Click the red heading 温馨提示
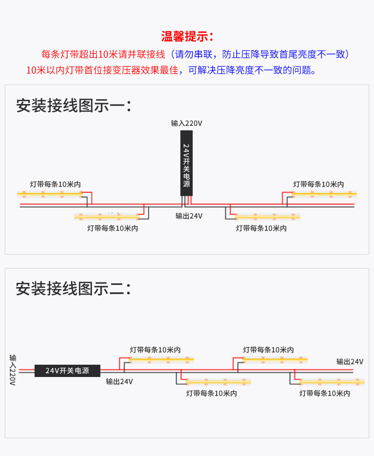point(187,36)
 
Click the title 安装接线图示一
point(73,105)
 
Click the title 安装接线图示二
point(73,289)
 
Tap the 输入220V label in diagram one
point(187,123)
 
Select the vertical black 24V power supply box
point(187,163)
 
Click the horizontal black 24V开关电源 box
point(67,370)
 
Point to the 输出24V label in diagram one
point(189,216)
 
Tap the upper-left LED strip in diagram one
point(50,193)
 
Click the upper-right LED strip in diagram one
point(324,193)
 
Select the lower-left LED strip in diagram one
point(107,216)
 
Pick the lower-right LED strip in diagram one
point(267,216)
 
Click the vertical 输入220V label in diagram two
point(13,369)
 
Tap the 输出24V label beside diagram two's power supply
point(119,381)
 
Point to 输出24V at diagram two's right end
point(350,362)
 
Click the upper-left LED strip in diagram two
point(161,359)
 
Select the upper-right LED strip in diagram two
point(275,359)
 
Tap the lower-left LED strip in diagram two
point(218,381)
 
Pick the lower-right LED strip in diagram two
point(331,381)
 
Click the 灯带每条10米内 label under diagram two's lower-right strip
point(325,393)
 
